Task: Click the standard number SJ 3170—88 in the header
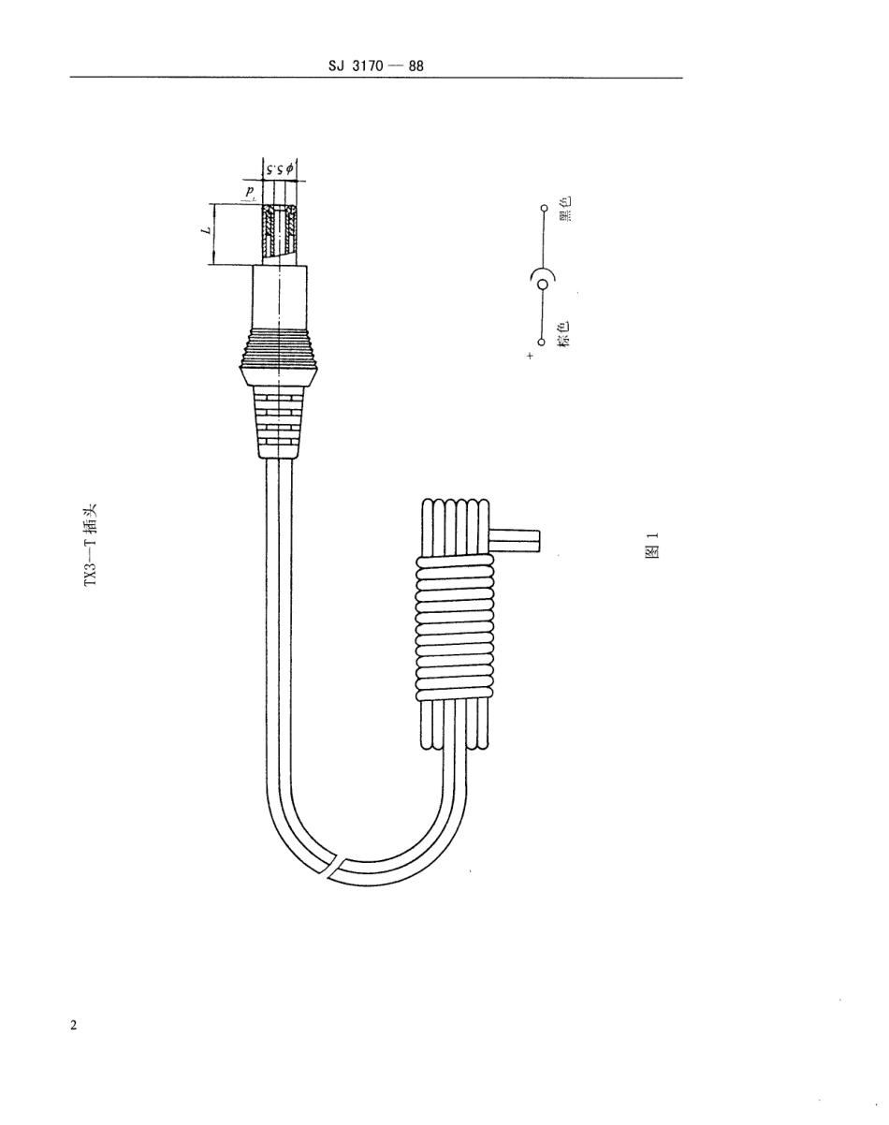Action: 377,66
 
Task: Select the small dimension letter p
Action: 250,192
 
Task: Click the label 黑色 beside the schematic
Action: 564,208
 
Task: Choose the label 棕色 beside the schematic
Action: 564,334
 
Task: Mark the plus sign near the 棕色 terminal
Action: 530,357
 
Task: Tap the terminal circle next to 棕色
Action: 542,343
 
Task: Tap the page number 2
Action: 75,1025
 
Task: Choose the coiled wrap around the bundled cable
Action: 454,627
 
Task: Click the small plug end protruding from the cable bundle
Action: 516,539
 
